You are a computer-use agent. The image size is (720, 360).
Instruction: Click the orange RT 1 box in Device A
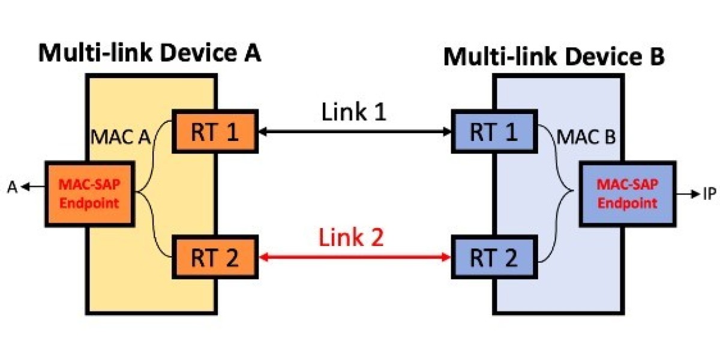[x=215, y=131]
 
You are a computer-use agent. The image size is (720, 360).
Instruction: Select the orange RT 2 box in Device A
[x=215, y=257]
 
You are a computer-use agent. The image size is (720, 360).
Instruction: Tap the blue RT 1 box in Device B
[x=493, y=131]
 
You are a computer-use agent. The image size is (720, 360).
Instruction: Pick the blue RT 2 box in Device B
[x=493, y=257]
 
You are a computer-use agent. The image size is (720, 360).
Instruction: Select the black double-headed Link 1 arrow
[x=354, y=131]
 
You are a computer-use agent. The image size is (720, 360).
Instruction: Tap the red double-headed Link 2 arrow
[x=354, y=257]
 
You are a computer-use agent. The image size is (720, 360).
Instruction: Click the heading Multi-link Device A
[x=150, y=53]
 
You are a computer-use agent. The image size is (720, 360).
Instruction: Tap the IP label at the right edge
[x=709, y=194]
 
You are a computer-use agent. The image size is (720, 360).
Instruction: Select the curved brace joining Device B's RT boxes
[x=556, y=193]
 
